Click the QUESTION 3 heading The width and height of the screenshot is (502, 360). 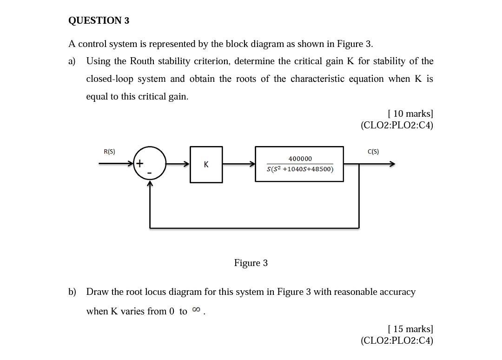pyautogui.click(x=99, y=20)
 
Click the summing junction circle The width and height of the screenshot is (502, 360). pyautogui.click(x=150, y=163)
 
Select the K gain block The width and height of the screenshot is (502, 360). pyautogui.click(x=206, y=164)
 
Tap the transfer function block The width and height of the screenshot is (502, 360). pyautogui.click(x=299, y=164)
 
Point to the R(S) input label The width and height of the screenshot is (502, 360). pyautogui.click(x=109, y=152)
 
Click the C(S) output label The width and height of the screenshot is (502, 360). pyautogui.click(x=373, y=152)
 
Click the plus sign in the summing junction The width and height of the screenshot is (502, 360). pyautogui.click(x=139, y=163)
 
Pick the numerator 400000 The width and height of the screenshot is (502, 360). pyautogui.click(x=300, y=159)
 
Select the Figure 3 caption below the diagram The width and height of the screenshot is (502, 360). pyautogui.click(x=251, y=263)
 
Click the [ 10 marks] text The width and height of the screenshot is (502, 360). pyautogui.click(x=410, y=113)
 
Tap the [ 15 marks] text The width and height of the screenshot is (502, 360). pyautogui.click(x=410, y=329)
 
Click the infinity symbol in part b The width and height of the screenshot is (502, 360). pyautogui.click(x=196, y=310)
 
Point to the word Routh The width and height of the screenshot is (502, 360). pyautogui.click(x=142, y=61)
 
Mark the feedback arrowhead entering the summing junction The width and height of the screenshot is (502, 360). pyautogui.click(x=150, y=183)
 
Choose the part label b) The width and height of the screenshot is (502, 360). pyautogui.click(x=72, y=292)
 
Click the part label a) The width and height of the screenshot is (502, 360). pyautogui.click(x=72, y=61)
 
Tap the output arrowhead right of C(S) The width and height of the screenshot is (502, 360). pyautogui.click(x=392, y=164)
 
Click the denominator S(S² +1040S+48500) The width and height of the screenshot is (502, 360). pyautogui.click(x=300, y=169)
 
